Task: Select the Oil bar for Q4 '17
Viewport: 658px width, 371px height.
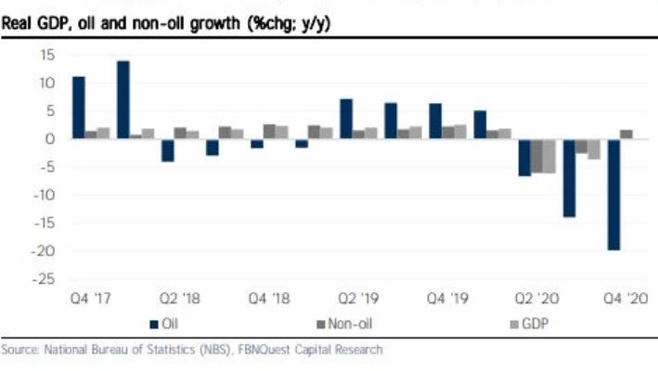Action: pos(79,108)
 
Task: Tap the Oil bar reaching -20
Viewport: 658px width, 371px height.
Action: pos(613,194)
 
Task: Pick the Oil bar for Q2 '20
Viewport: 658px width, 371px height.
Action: pos(524,157)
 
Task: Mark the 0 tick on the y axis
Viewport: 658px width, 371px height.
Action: pos(52,139)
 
